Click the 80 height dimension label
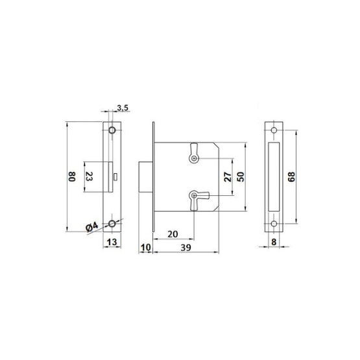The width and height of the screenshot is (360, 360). point(72,176)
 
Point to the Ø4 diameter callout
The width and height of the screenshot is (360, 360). point(91,226)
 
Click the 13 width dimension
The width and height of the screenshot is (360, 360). point(112,242)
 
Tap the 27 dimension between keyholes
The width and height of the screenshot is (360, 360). point(227,176)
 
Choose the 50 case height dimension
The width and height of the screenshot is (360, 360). point(241,176)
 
